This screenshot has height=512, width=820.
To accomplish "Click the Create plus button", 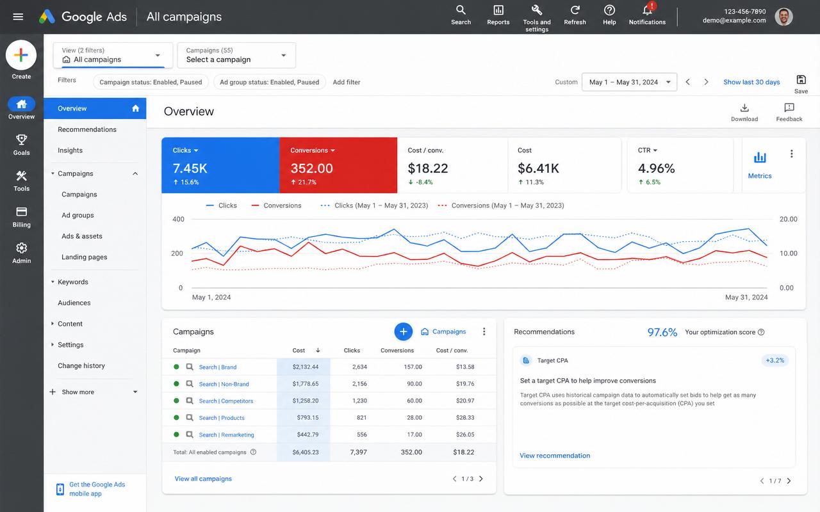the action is pos(21,55).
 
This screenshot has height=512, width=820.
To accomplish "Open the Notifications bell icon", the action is pos(647,10).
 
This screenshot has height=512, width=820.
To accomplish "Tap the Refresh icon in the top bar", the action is pos(575,10).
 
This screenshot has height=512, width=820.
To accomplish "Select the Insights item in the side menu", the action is pos(70,150).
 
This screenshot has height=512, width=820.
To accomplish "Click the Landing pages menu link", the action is pos(84,257).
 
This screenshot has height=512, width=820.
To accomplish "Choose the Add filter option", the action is pos(347,83).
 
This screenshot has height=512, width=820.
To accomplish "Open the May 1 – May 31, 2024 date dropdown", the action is pos(629,83).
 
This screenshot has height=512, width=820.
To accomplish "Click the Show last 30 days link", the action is pos(751,83).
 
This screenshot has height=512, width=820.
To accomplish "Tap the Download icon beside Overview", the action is pos(744,108).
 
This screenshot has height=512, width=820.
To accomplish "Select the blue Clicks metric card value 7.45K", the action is pos(190,168).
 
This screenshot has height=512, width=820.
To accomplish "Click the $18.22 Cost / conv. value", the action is pos(427,168).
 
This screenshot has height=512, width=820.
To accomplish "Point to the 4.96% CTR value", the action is pos(656,168).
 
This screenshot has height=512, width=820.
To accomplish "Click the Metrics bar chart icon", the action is pos(760,157).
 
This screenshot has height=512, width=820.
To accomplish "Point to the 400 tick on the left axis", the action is pos(178,219).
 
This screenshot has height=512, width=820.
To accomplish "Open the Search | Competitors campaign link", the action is pos(226,401).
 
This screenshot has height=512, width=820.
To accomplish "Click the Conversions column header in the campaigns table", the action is pos(397,350).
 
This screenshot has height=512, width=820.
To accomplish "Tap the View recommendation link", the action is pos(555,456).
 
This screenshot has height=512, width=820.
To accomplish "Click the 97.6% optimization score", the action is pos(662,332).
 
